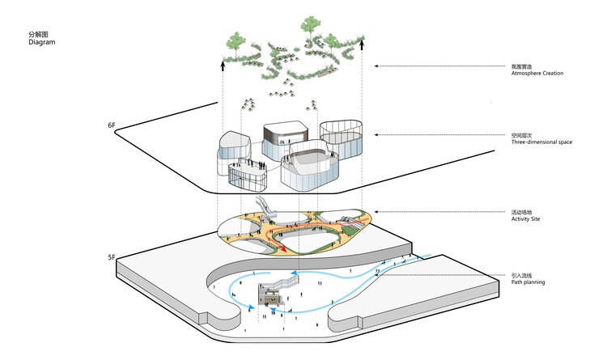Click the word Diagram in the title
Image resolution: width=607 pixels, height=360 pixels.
(x=41, y=42)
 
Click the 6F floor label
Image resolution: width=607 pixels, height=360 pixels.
(x=112, y=126)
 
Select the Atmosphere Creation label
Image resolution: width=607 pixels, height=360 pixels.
(x=537, y=74)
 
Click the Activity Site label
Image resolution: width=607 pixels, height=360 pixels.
(x=528, y=219)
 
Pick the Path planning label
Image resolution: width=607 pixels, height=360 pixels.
(x=528, y=282)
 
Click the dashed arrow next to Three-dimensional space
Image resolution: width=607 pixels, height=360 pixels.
(x=441, y=135)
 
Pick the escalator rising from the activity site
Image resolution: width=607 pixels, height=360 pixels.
(x=265, y=206)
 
